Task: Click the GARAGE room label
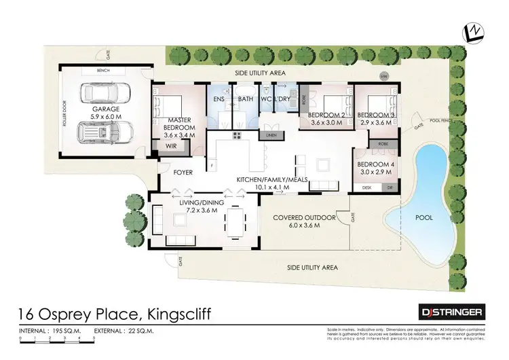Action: [x=106, y=109]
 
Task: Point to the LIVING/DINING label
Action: [x=199, y=202]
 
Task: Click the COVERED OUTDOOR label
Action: [x=304, y=217]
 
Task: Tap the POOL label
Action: [x=424, y=217]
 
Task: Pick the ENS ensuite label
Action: [x=219, y=99]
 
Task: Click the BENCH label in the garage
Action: [x=103, y=70]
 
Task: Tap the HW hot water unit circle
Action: [x=384, y=75]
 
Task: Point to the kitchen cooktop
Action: [x=238, y=136]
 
